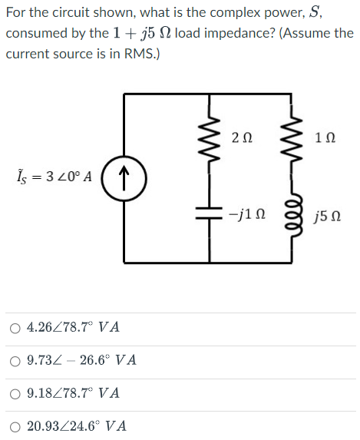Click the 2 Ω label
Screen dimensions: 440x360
(239, 137)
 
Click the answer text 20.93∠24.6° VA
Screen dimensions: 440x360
(77, 425)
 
